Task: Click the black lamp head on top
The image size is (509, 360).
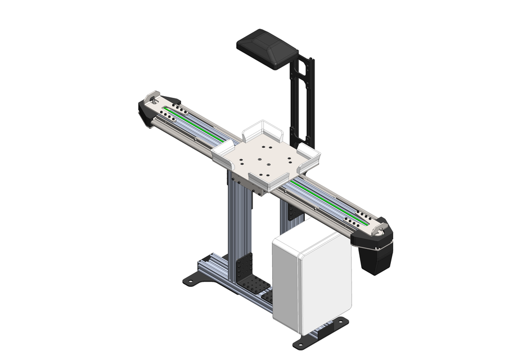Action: [267, 48]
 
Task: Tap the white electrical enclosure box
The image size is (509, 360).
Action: [310, 278]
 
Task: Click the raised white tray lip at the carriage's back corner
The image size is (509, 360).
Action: [262, 130]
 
